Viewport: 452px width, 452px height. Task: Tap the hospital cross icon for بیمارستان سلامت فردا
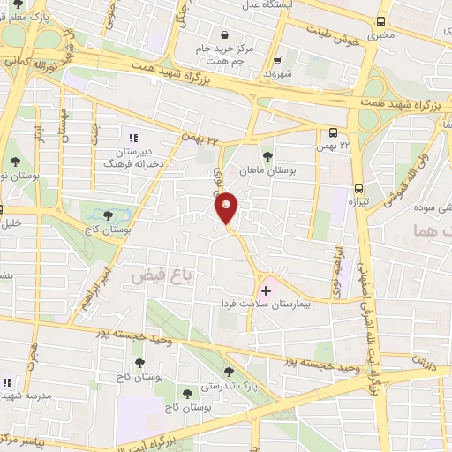tap(266, 290)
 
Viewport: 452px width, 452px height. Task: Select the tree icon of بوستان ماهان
tap(267, 155)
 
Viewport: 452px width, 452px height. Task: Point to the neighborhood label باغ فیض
tap(152, 275)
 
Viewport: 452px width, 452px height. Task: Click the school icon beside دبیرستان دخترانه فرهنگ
tap(133, 138)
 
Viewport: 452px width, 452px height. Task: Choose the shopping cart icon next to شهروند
tap(278, 62)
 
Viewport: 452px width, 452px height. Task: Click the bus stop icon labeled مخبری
tap(380, 21)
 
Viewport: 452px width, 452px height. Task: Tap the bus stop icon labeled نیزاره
tap(358, 188)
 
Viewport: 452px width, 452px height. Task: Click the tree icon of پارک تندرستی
tap(230, 372)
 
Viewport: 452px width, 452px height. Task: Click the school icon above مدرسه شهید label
tap(5, 382)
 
